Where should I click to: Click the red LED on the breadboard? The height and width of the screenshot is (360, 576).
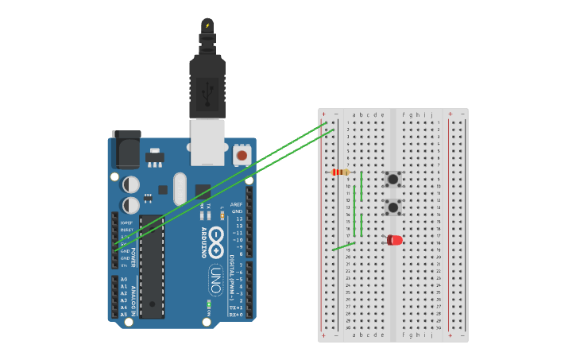[x=394, y=240]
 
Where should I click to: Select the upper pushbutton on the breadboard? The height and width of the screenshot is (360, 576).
[x=392, y=179]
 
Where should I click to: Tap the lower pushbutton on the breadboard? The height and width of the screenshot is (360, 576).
[x=392, y=207]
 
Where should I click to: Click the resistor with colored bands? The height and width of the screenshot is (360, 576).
[x=341, y=172]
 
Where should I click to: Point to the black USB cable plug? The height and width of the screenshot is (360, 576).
[x=207, y=87]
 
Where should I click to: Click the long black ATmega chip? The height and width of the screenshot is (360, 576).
[x=152, y=266]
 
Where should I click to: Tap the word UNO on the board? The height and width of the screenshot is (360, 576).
[x=215, y=280]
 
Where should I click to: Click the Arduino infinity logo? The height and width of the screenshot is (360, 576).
[x=217, y=236]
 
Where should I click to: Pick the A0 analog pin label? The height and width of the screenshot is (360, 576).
[x=123, y=280]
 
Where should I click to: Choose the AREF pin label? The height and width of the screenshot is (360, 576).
[x=237, y=204]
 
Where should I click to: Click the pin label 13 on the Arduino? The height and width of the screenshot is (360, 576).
[x=238, y=219]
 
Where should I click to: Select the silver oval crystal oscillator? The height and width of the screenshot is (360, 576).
[x=180, y=188]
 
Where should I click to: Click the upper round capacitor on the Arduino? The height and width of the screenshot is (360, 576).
[x=131, y=184]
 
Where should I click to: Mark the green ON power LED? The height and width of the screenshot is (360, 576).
[x=208, y=304]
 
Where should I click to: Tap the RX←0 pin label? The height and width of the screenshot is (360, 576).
[x=237, y=315]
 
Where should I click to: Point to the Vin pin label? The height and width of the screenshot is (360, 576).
[x=124, y=265]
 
